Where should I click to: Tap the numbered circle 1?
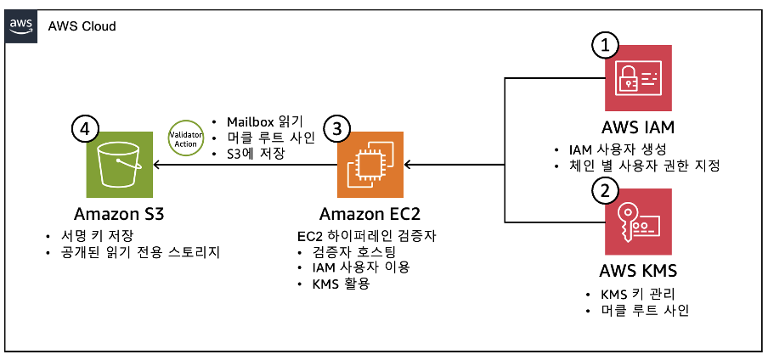pyautogui.click(x=604, y=46)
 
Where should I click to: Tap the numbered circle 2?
pyautogui.click(x=604, y=189)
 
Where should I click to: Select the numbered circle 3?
pyautogui.click(x=337, y=129)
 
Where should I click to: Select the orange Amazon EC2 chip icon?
pyautogui.click(x=370, y=164)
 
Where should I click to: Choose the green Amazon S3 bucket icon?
pyautogui.click(x=119, y=164)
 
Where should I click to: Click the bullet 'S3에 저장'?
pyautogui.click(x=256, y=154)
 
